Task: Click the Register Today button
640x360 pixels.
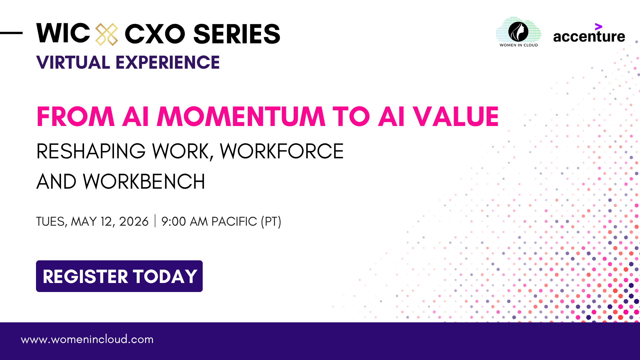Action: tap(119, 276)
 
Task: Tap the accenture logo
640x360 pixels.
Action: tap(589, 33)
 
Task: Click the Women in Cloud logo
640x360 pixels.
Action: tap(518, 32)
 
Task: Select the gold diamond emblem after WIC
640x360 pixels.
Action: tap(107, 34)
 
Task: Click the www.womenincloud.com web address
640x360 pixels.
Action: tap(87, 339)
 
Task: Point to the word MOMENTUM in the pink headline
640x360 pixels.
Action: tap(241, 117)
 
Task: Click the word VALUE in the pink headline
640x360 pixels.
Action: tap(455, 117)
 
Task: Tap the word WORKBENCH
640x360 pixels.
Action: tap(144, 182)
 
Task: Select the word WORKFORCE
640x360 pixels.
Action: tap(282, 151)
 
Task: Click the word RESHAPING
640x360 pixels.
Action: tap(91, 151)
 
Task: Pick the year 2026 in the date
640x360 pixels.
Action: tap(134, 221)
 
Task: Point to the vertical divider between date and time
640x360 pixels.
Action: tap(155, 221)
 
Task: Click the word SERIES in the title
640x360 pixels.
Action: tap(237, 34)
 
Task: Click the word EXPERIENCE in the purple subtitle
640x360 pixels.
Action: tap(168, 62)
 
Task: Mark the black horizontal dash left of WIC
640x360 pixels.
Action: tap(11, 33)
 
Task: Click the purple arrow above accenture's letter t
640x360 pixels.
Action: tap(599, 27)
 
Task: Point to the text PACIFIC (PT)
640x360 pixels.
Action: tap(246, 221)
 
